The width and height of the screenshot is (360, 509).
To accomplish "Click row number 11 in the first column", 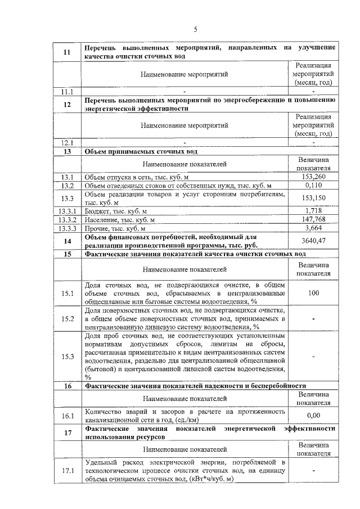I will (67, 52).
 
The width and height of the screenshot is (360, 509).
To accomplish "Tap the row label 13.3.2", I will (67, 219).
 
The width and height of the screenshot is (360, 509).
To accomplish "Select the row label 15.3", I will (67, 357).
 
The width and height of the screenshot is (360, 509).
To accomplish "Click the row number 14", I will (67, 241).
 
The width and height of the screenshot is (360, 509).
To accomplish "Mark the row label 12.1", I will (67, 142).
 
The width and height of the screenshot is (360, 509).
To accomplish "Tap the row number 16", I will (67, 386).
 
